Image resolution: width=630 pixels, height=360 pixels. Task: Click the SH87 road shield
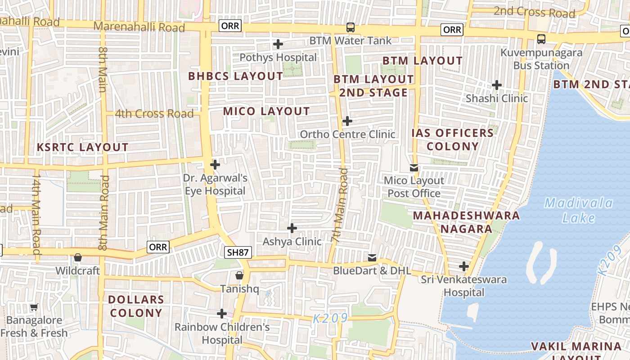[238, 252]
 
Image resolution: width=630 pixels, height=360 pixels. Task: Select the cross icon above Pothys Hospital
[278, 44]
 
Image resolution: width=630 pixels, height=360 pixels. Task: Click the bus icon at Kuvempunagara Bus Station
[541, 39]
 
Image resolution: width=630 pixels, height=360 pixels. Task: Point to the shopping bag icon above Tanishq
[239, 275]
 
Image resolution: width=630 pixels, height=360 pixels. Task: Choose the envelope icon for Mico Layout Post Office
[414, 168]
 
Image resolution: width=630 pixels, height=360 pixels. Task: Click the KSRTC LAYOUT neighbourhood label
[82, 147]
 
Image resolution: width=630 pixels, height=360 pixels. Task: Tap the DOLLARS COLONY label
[135, 306]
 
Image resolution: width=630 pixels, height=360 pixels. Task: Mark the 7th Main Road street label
[341, 205]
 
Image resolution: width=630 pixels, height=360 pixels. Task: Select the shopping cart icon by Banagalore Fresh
[34, 307]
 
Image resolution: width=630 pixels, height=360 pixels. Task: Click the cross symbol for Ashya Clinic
[292, 228]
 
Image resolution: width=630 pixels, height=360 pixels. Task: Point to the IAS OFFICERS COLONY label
[452, 139]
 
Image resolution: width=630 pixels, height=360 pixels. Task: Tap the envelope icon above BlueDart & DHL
[372, 258]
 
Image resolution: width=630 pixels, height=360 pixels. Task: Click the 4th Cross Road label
[154, 113]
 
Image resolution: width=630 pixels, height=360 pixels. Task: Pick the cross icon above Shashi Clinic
[496, 85]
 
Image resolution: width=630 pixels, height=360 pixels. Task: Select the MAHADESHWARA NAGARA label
[466, 222]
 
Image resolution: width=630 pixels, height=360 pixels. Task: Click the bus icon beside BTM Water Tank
[350, 27]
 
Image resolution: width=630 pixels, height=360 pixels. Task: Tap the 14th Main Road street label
[36, 215]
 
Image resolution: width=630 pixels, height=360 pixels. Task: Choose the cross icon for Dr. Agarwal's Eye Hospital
[215, 165]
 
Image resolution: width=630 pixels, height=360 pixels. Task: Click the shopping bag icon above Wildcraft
[78, 258]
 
